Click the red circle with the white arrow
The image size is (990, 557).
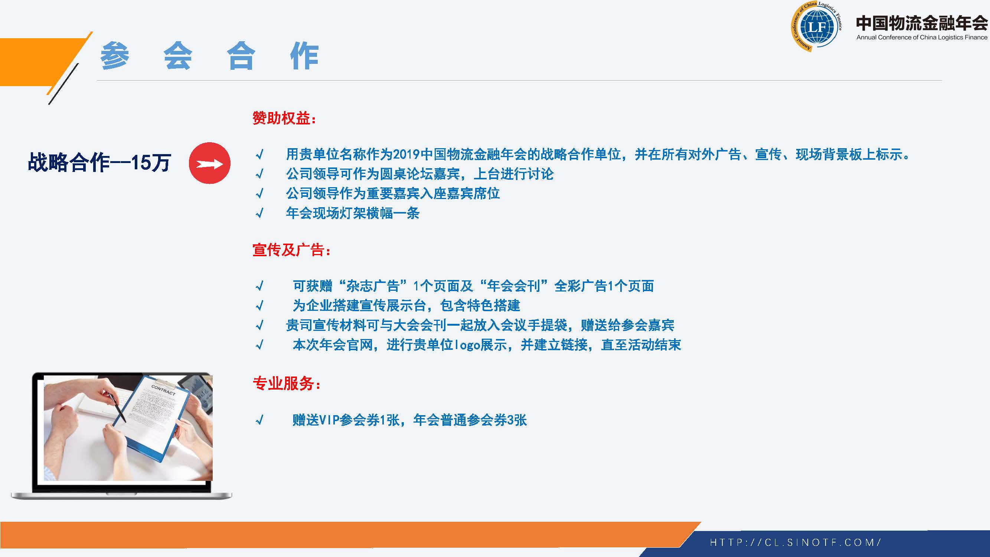(209, 163)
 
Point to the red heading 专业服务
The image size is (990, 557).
(287, 383)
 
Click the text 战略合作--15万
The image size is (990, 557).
(99, 162)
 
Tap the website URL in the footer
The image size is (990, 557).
(795, 543)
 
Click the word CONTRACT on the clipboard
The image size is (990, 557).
(163, 390)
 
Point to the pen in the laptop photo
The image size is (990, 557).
(117, 407)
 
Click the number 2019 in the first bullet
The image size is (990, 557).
(406, 154)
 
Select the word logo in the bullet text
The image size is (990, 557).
(467, 345)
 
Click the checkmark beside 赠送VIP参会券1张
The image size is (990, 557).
(260, 420)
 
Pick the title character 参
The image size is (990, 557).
(115, 56)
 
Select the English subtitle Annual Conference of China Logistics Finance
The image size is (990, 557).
(922, 37)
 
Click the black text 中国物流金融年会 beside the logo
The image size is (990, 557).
(922, 23)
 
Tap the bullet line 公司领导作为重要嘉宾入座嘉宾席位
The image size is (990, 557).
(393, 193)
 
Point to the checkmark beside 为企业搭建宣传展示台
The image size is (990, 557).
(260, 306)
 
